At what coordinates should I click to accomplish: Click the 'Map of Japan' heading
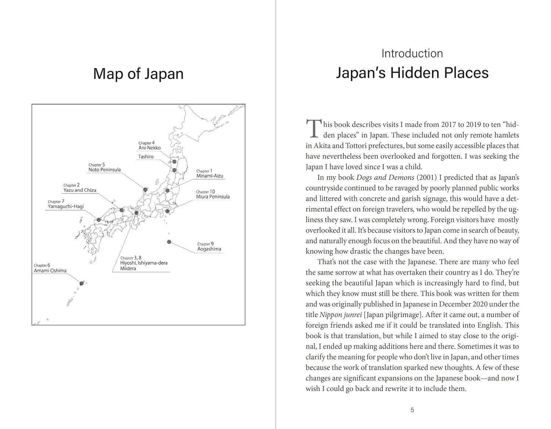[138, 74]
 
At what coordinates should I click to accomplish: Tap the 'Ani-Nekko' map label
[150, 148]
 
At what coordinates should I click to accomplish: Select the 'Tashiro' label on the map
[146, 157]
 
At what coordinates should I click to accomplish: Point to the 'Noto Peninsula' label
[104, 170]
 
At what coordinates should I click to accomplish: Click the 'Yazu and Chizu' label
[80, 190]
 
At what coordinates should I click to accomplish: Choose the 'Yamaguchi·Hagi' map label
[66, 207]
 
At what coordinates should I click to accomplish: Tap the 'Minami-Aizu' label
[210, 176]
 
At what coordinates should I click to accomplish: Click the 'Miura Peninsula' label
[213, 197]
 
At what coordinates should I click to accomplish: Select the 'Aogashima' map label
[209, 249]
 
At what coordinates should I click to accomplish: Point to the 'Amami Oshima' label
[50, 271]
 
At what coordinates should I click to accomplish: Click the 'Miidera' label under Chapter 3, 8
[128, 268]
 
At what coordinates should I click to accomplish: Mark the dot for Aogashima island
[169, 242]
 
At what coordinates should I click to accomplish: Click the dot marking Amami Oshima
[82, 283]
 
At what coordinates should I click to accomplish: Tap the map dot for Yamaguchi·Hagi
[98, 220]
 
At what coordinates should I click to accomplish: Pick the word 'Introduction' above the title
[412, 54]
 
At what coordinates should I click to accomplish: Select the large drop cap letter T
[313, 128]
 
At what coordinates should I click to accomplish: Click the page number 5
[412, 410]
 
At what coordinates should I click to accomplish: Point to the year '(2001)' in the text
[426, 178]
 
